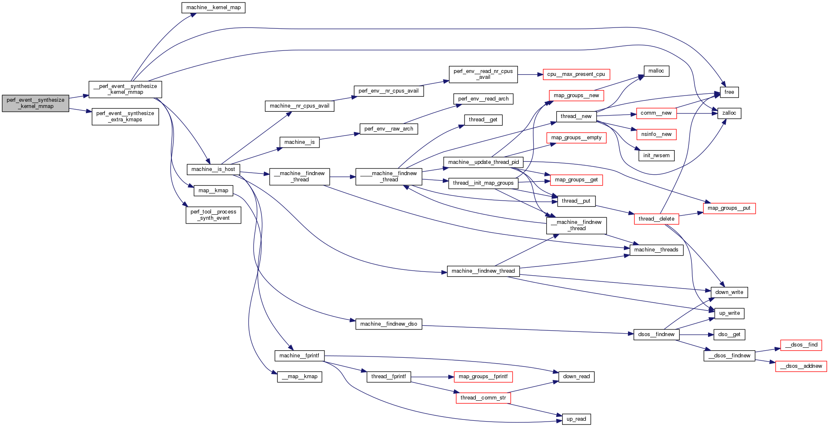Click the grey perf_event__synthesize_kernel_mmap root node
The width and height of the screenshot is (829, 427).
tap(35, 103)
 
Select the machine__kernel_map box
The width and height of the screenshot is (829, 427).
tap(213, 8)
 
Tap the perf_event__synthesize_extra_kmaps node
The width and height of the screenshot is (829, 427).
tap(125, 116)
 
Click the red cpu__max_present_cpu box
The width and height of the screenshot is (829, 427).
tap(576, 74)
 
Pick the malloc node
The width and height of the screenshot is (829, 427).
tap(656, 71)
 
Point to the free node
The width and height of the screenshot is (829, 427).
tap(729, 92)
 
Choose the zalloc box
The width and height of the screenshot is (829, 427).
tap(729, 113)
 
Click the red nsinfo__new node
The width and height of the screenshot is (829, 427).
tap(656, 134)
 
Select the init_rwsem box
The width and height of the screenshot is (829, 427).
tap(656, 156)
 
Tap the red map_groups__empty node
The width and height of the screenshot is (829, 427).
tap(576, 138)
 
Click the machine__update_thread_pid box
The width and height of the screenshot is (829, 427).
tap(483, 162)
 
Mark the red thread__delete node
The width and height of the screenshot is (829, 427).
tap(656, 219)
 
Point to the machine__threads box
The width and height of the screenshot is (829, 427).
tap(656, 250)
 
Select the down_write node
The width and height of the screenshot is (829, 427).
tap(729, 292)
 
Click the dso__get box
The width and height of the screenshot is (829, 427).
tap(729, 334)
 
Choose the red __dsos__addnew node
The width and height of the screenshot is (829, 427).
tap(801, 366)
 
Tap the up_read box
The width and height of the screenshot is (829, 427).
tap(576, 419)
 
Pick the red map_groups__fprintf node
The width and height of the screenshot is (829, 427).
tap(483, 377)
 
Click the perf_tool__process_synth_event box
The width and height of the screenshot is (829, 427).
tap(213, 215)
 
